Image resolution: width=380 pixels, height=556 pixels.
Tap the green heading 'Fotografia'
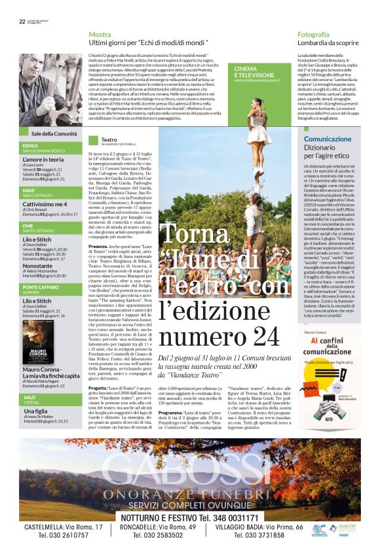tap(313, 33)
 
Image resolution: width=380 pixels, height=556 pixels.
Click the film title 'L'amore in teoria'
tap(43, 159)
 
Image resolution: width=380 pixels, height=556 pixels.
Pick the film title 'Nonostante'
tap(38, 266)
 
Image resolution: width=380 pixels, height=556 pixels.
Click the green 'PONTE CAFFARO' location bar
tap(41, 287)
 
